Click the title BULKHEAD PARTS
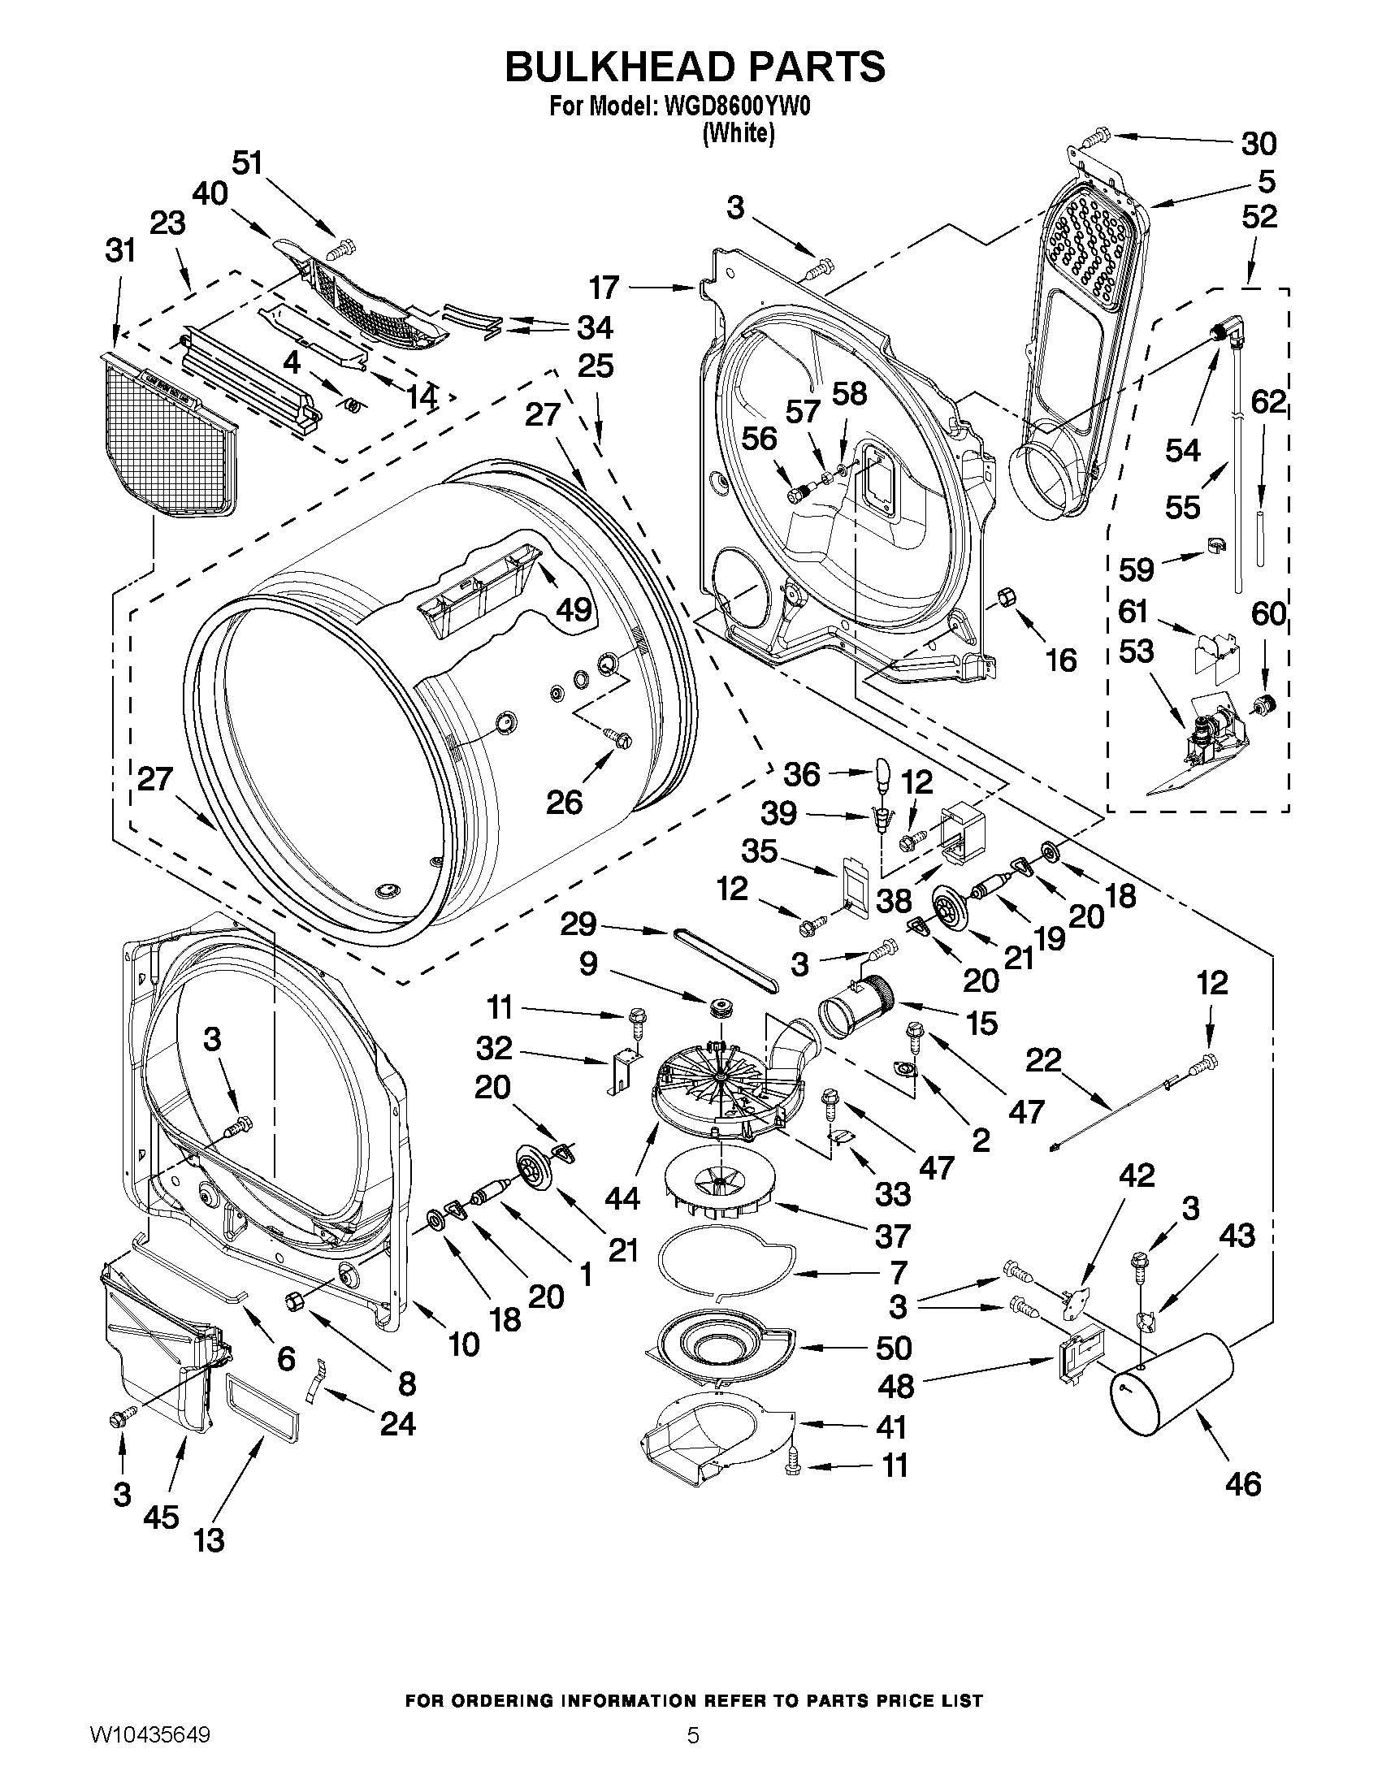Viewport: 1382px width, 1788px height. point(695,67)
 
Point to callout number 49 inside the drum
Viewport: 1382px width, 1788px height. point(574,609)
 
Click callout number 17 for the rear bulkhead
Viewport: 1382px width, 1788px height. point(605,288)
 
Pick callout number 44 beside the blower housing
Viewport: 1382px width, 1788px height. point(622,1198)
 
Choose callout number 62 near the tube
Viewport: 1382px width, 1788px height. point(1268,403)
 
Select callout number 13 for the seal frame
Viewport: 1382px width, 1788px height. point(210,1540)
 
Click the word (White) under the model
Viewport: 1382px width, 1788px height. point(738,133)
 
